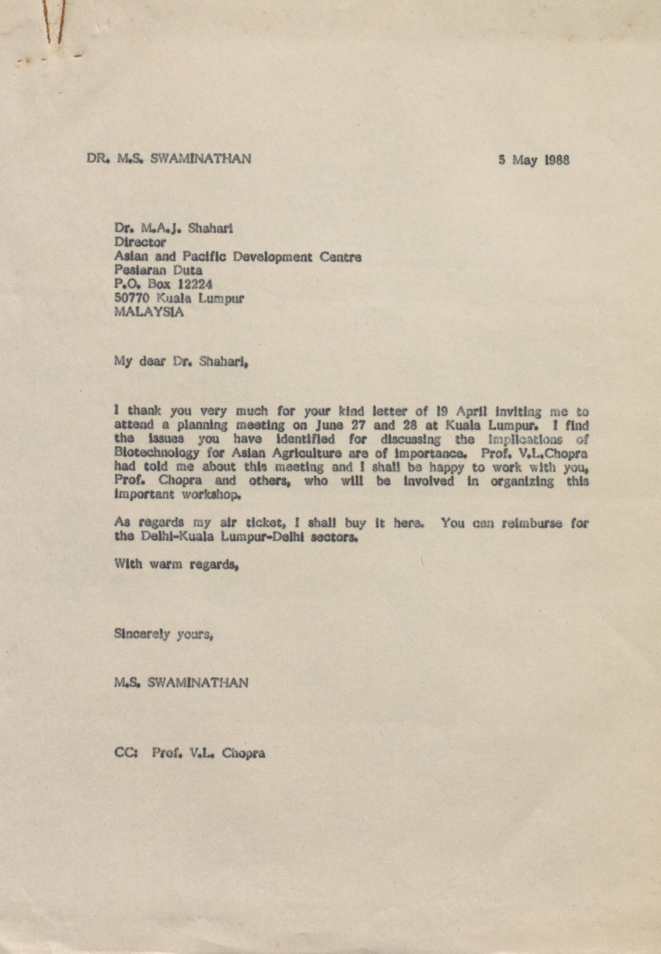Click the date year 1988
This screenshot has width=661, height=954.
tap(556, 160)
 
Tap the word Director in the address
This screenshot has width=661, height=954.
tap(140, 242)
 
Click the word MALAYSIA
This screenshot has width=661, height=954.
tap(149, 312)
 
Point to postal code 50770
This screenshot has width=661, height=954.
tap(132, 298)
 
